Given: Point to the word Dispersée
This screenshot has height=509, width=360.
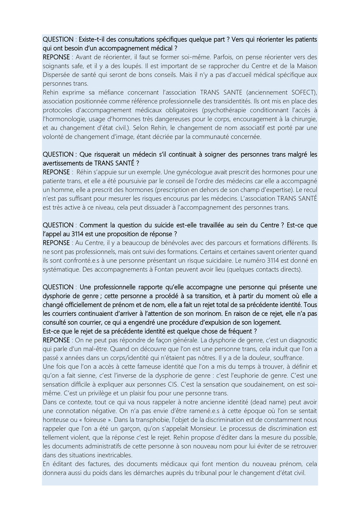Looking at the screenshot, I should click(57, 75).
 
